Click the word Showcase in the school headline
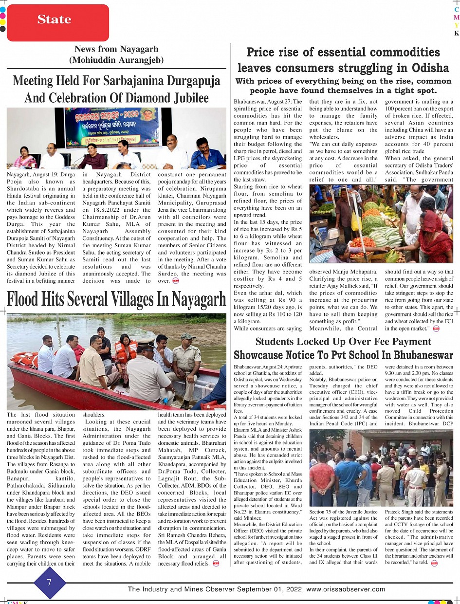tap(258, 355)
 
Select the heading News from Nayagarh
tap(116, 49)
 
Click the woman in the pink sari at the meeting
tap(24, 158)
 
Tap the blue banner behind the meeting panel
tap(112, 127)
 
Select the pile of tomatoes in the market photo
tap(363, 242)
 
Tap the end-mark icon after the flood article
tap(217, 564)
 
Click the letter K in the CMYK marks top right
tap(456, 34)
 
